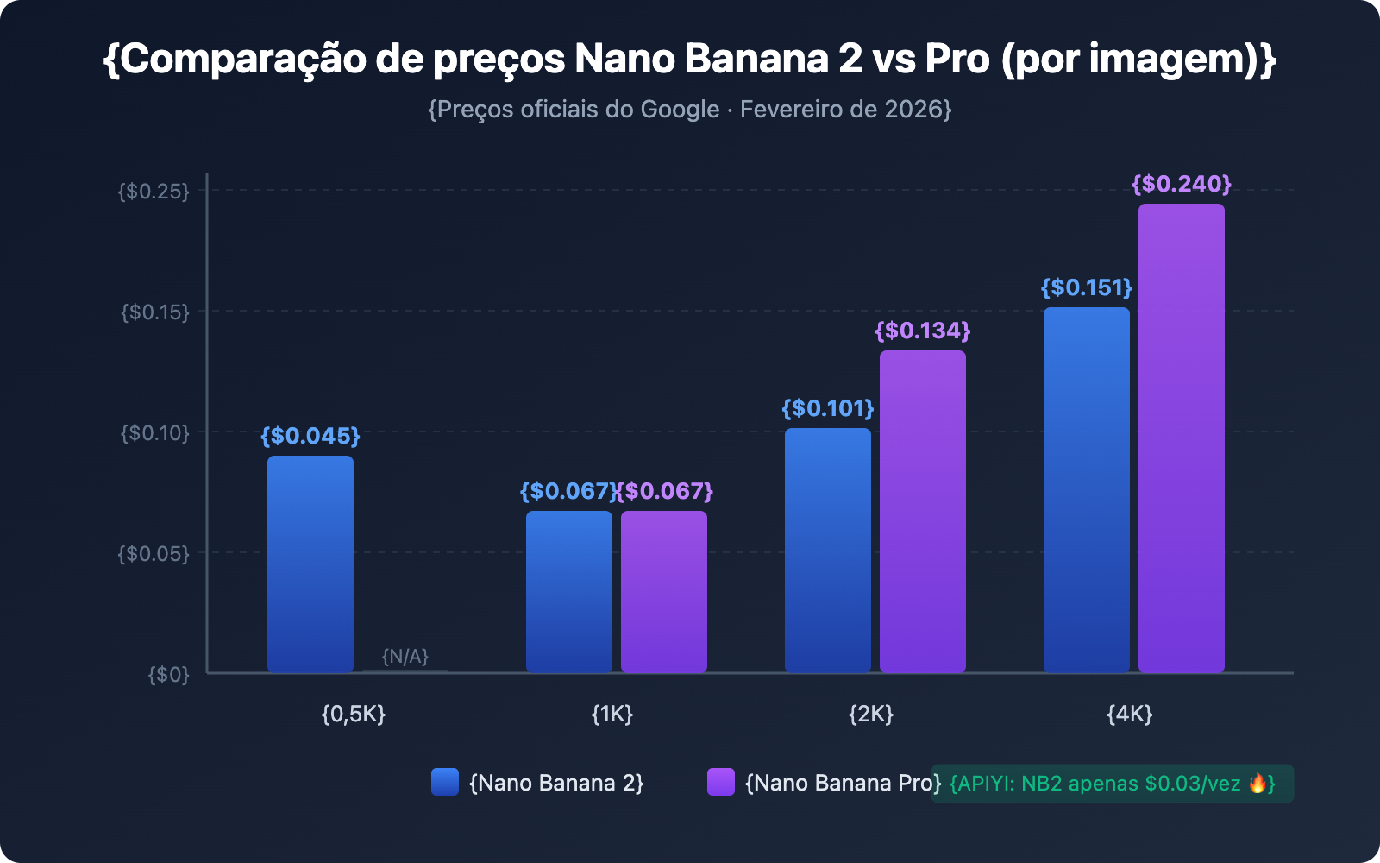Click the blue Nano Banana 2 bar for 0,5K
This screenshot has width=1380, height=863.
point(310,564)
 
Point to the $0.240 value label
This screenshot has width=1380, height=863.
point(1181,184)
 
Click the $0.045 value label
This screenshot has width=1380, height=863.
point(310,436)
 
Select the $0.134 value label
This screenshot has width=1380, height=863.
point(922,331)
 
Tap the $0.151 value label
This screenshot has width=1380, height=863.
point(1086,287)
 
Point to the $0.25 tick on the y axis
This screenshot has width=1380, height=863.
point(154,191)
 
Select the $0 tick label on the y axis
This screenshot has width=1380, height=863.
point(168,674)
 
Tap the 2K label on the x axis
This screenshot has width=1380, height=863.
point(871,714)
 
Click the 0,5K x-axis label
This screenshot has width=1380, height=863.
point(354,714)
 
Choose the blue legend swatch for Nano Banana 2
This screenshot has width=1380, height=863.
point(445,782)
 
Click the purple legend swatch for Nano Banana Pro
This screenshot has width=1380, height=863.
point(721,782)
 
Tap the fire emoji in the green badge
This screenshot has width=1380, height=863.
point(1258,784)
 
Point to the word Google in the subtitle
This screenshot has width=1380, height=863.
point(680,110)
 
